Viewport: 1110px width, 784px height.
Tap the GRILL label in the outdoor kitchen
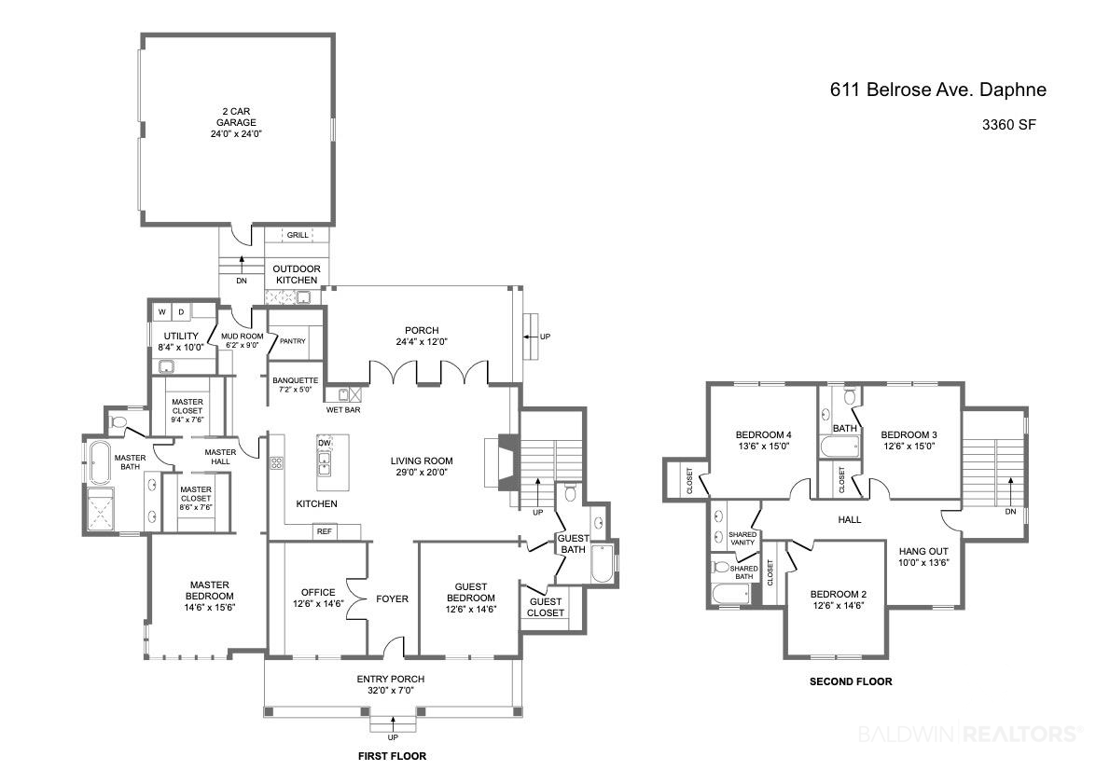(298, 235)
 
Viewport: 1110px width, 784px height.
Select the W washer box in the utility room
(162, 312)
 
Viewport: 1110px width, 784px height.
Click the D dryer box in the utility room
(181, 312)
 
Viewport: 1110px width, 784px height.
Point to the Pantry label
(292, 341)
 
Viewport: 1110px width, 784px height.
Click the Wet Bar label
(342, 409)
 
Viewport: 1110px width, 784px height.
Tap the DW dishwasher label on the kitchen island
(325, 443)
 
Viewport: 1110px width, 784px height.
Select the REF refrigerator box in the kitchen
(325, 531)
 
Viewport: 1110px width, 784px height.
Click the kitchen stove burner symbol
(277, 463)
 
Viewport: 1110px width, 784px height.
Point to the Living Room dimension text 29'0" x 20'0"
(422, 473)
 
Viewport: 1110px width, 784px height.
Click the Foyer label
(392, 598)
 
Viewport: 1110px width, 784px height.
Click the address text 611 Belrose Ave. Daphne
(938, 89)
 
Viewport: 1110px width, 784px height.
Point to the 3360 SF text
(1008, 125)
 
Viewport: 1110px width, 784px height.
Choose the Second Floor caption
(851, 681)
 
